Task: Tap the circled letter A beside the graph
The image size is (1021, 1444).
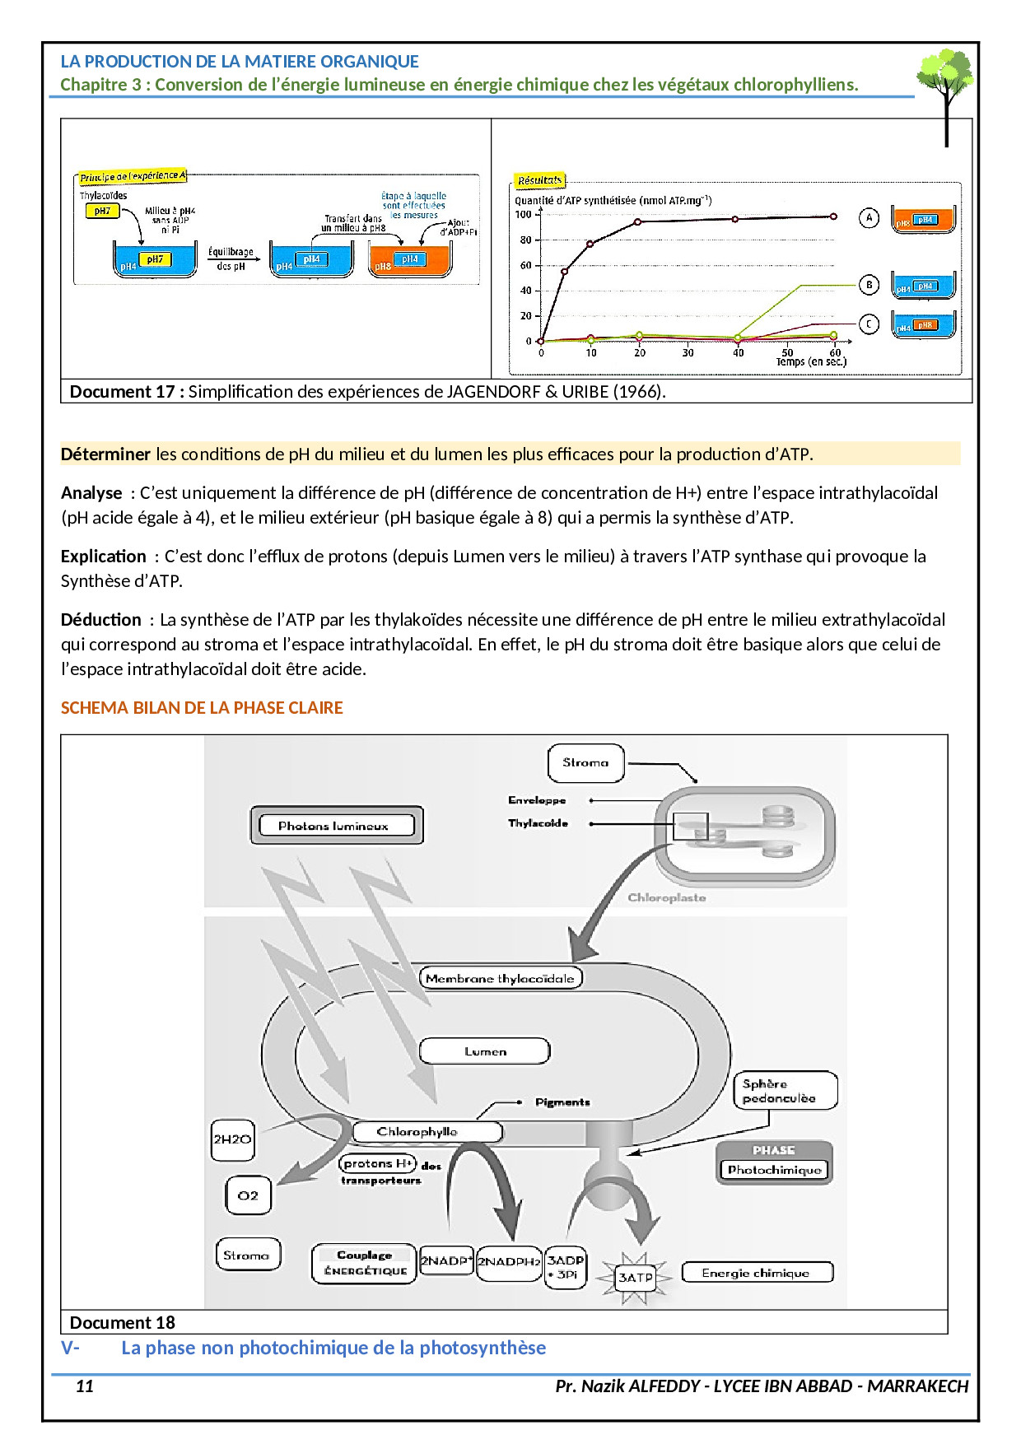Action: pos(869,218)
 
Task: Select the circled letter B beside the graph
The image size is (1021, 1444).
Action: pos(869,285)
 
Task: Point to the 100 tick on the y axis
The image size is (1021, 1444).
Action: pos(524,215)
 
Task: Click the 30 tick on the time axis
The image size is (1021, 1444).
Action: pos(688,353)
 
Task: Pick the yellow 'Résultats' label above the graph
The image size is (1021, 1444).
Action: pos(539,180)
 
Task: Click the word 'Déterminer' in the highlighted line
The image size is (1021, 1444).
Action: pos(105,454)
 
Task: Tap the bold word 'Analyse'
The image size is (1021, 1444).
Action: pos(91,493)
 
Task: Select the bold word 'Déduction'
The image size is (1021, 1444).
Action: pos(101,620)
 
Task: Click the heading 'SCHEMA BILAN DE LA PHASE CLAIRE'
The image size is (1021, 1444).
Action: pos(202,708)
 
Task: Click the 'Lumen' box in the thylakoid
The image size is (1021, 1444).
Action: pos(484,1051)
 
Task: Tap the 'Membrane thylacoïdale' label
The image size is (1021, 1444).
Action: pos(500,978)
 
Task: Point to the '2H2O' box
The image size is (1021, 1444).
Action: pos(232,1139)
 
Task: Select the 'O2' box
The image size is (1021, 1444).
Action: pos(248,1195)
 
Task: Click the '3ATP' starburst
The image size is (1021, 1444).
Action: pos(635,1278)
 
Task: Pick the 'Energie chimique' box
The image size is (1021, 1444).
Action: pos(756,1273)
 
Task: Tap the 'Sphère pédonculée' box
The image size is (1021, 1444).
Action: pos(784,1091)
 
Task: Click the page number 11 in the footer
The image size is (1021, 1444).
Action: pos(85,1386)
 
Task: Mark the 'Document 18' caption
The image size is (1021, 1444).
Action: pos(123,1322)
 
